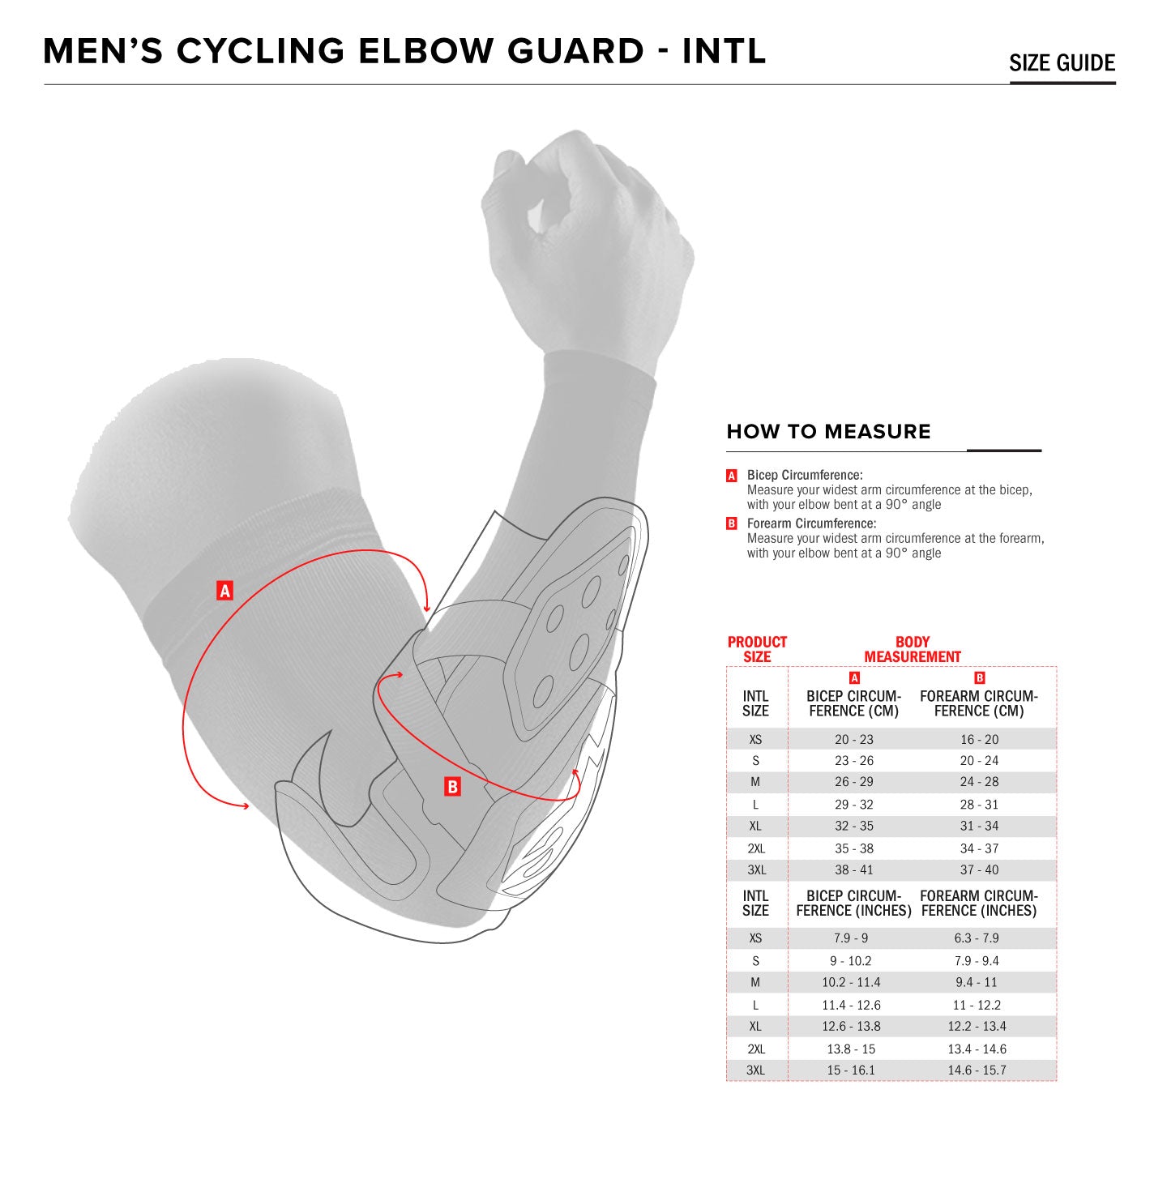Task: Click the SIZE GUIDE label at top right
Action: (1062, 63)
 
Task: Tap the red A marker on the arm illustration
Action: (225, 591)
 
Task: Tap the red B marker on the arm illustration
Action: (452, 786)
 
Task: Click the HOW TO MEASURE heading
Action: (828, 432)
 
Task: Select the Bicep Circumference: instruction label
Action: (804, 475)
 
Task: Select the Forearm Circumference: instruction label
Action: (811, 523)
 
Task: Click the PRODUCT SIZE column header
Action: (757, 649)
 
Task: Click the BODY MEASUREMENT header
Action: (912, 649)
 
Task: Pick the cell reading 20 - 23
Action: (854, 739)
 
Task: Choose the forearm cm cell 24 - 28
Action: (979, 782)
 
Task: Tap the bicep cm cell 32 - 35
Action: (854, 826)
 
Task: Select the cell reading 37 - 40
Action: (979, 869)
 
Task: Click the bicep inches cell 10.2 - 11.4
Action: (851, 982)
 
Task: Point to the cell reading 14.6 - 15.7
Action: (977, 1070)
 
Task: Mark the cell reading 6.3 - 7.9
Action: (977, 938)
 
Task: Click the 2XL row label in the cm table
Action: (756, 848)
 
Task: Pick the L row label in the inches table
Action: (755, 1005)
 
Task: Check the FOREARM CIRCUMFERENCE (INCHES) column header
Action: (978, 904)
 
